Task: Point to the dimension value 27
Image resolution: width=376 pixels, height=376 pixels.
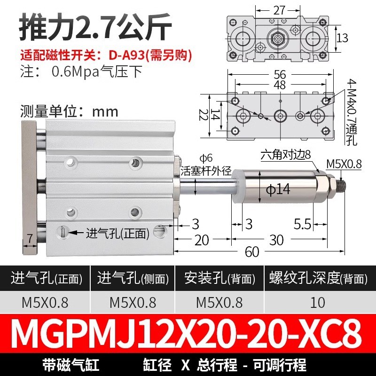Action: pos(281,9)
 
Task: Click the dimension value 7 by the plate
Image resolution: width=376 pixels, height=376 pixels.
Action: pos(30,239)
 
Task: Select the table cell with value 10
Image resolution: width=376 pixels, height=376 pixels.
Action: pos(318,302)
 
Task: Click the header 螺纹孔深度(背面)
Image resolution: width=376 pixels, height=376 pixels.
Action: pos(318,278)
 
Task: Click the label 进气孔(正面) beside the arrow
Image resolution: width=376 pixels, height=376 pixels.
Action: pos(117,232)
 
